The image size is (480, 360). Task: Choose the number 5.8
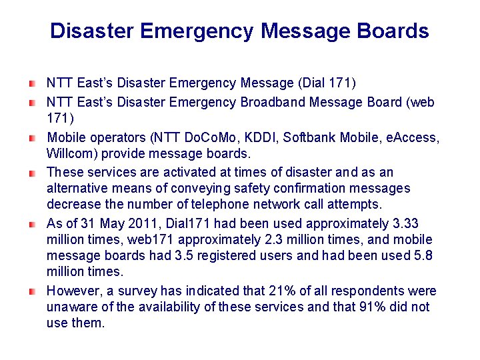click(x=421, y=255)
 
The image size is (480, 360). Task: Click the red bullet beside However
click(x=32, y=291)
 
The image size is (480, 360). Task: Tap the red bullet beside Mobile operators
click(x=32, y=138)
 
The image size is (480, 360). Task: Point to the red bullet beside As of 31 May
click(x=32, y=224)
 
